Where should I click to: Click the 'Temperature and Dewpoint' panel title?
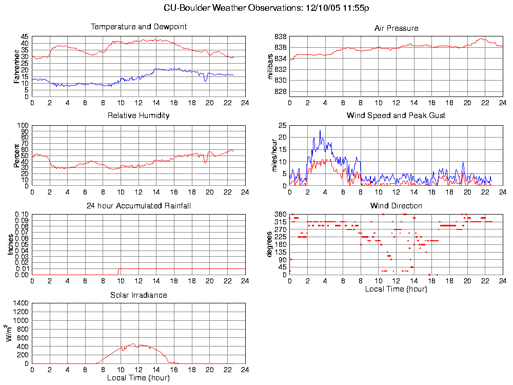(139, 27)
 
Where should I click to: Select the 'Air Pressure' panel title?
(396, 28)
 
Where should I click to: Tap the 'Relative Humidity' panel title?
(139, 115)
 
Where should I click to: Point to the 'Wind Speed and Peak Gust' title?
(396, 115)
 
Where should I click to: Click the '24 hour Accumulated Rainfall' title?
(139, 206)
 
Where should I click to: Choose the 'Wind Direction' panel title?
(396, 206)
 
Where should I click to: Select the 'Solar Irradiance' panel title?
(139, 295)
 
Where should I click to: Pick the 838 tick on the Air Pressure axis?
(280, 37)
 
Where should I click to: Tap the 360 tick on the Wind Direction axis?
(280, 214)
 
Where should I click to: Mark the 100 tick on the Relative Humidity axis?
(23, 125)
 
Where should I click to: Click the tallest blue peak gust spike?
(320, 131)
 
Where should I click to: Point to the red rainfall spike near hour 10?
(119, 271)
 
